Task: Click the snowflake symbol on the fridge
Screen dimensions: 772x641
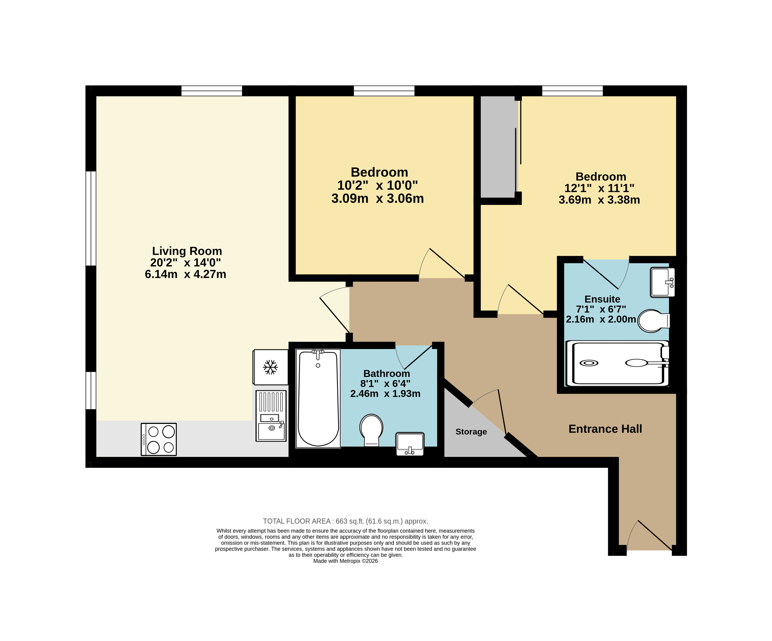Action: tap(270, 367)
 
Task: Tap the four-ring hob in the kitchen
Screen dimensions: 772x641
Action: tap(159, 439)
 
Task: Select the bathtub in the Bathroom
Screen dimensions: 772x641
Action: tap(318, 399)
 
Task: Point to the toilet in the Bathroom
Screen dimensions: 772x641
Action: tap(371, 430)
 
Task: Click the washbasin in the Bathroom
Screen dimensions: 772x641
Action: tap(410, 444)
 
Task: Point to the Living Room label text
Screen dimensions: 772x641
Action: tap(187, 251)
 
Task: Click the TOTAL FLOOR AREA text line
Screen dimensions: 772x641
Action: tap(346, 521)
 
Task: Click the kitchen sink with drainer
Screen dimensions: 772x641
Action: tap(271, 416)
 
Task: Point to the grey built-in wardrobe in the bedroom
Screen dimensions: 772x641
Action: tap(499, 147)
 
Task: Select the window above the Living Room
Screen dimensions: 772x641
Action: tap(212, 91)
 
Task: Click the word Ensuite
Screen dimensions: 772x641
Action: tap(602, 299)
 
